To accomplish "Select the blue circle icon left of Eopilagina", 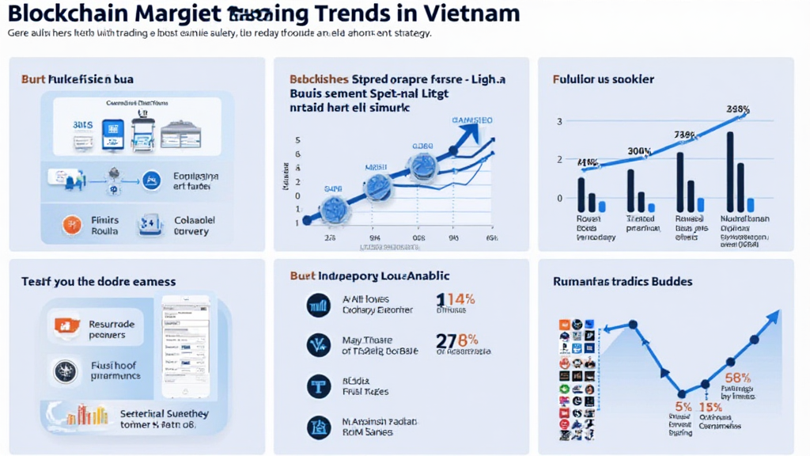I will point(148,181).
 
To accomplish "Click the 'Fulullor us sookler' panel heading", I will point(603,79).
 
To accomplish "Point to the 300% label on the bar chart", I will point(639,151).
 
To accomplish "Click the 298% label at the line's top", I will point(737,109).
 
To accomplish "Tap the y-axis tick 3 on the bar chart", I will point(559,121).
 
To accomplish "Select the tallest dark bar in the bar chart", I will point(729,171).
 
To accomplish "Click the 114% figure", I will point(456,300).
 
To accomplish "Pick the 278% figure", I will point(457,340).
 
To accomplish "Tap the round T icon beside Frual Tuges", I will point(318,386).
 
